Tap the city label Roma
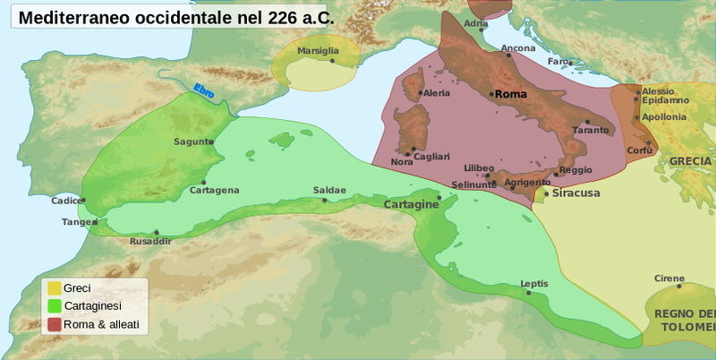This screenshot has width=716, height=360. (x=510, y=94)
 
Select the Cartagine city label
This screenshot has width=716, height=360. (x=411, y=205)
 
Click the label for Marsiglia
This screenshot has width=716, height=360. (x=318, y=51)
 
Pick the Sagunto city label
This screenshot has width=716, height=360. (x=193, y=141)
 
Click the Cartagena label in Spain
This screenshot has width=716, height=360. (x=214, y=190)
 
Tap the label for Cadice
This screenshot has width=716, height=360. (x=66, y=201)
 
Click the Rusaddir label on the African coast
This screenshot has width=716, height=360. (x=150, y=241)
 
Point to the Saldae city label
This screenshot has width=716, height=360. (x=329, y=190)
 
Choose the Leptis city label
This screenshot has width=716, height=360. (x=533, y=284)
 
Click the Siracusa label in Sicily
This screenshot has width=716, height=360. (x=575, y=193)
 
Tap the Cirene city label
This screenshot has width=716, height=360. (x=669, y=278)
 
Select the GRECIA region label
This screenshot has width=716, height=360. (x=690, y=161)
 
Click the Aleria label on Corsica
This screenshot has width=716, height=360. (x=436, y=92)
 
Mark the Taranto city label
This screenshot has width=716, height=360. (x=590, y=130)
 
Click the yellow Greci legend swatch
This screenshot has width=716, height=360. (x=54, y=288)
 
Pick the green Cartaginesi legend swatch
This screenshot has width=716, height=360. (x=54, y=305)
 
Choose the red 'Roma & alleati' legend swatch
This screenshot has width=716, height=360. (x=54, y=323)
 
